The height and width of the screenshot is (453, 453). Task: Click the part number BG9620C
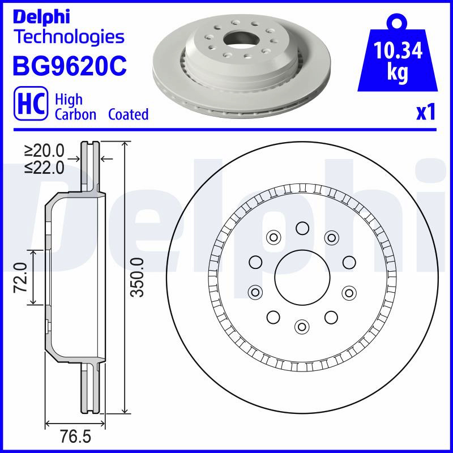pyautogui.click(x=70, y=66)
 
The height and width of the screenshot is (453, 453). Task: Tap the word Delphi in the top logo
pyautogui.click(x=41, y=17)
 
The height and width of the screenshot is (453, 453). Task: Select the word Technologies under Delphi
pyautogui.click(x=70, y=37)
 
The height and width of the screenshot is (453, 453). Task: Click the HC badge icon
pyautogui.click(x=31, y=103)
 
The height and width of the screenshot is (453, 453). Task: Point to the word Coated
pyautogui.click(x=129, y=114)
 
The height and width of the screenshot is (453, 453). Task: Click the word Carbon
pyautogui.click(x=75, y=114)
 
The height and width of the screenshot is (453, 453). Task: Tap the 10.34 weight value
pyautogui.click(x=398, y=50)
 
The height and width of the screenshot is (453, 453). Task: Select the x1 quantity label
pyautogui.click(x=426, y=112)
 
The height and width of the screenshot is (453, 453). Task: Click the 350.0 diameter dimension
pyautogui.click(x=137, y=277)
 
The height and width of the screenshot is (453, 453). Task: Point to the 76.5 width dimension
pyautogui.click(x=75, y=436)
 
